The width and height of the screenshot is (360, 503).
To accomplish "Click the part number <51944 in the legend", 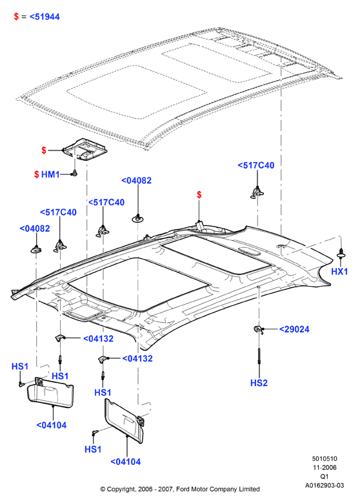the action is pyautogui.click(x=45, y=17).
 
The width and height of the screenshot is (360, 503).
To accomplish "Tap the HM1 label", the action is pyautogui.click(x=50, y=174).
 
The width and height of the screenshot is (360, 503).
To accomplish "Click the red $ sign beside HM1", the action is pyautogui.click(x=37, y=174).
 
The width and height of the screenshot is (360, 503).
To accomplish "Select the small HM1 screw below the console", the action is pyautogui.click(x=75, y=174).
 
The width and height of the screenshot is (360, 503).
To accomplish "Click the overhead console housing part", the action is pyautogui.click(x=85, y=149).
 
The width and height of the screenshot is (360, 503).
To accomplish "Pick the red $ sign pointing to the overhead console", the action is pyautogui.click(x=44, y=150).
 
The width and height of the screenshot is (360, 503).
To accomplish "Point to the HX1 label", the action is pyautogui.click(x=339, y=271).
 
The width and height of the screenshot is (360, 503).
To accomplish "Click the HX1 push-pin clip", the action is pyautogui.click(x=341, y=254).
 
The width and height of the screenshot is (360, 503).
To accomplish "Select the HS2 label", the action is pyautogui.click(x=259, y=383).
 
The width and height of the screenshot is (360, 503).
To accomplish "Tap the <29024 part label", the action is pyautogui.click(x=294, y=329).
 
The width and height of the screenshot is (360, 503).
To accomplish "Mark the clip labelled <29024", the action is pyautogui.click(x=258, y=329).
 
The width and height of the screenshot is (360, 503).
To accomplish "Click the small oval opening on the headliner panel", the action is pyautogui.click(x=249, y=251).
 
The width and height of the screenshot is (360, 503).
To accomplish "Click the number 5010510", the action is pyautogui.click(x=325, y=458).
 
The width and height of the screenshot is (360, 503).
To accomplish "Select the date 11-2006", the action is pyautogui.click(x=325, y=467).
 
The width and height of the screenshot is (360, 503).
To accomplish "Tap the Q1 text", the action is pyautogui.click(x=325, y=477).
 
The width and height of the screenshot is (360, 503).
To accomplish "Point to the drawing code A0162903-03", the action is pyautogui.click(x=325, y=486).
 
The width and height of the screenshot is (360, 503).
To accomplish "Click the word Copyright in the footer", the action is pyautogui.click(x=121, y=489).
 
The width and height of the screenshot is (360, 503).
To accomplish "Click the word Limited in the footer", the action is pyautogui.click(x=249, y=489).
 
